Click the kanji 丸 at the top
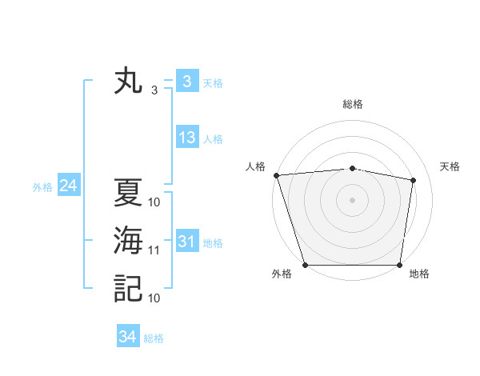pos(128,82)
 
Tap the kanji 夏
pos(128,194)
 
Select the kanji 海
pos(128,242)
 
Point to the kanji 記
pos(128,288)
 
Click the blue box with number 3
pos(186,82)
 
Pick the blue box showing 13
pos(187,138)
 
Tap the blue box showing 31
pos(187,242)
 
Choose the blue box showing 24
pos(68,186)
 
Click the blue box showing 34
pos(127,337)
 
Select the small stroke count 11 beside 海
pos(154,250)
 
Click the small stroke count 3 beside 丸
pos(154,90)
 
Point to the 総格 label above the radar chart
pos(352,104)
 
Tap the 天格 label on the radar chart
pos(450,166)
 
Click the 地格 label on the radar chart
pos(419,274)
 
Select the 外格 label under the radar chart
pos(282,274)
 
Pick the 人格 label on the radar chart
pos(255,166)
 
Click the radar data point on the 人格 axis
pos(276,175)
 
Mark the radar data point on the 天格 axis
pos(414,180)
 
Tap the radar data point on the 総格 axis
pos(352,168)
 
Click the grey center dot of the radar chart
pos(352,200)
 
